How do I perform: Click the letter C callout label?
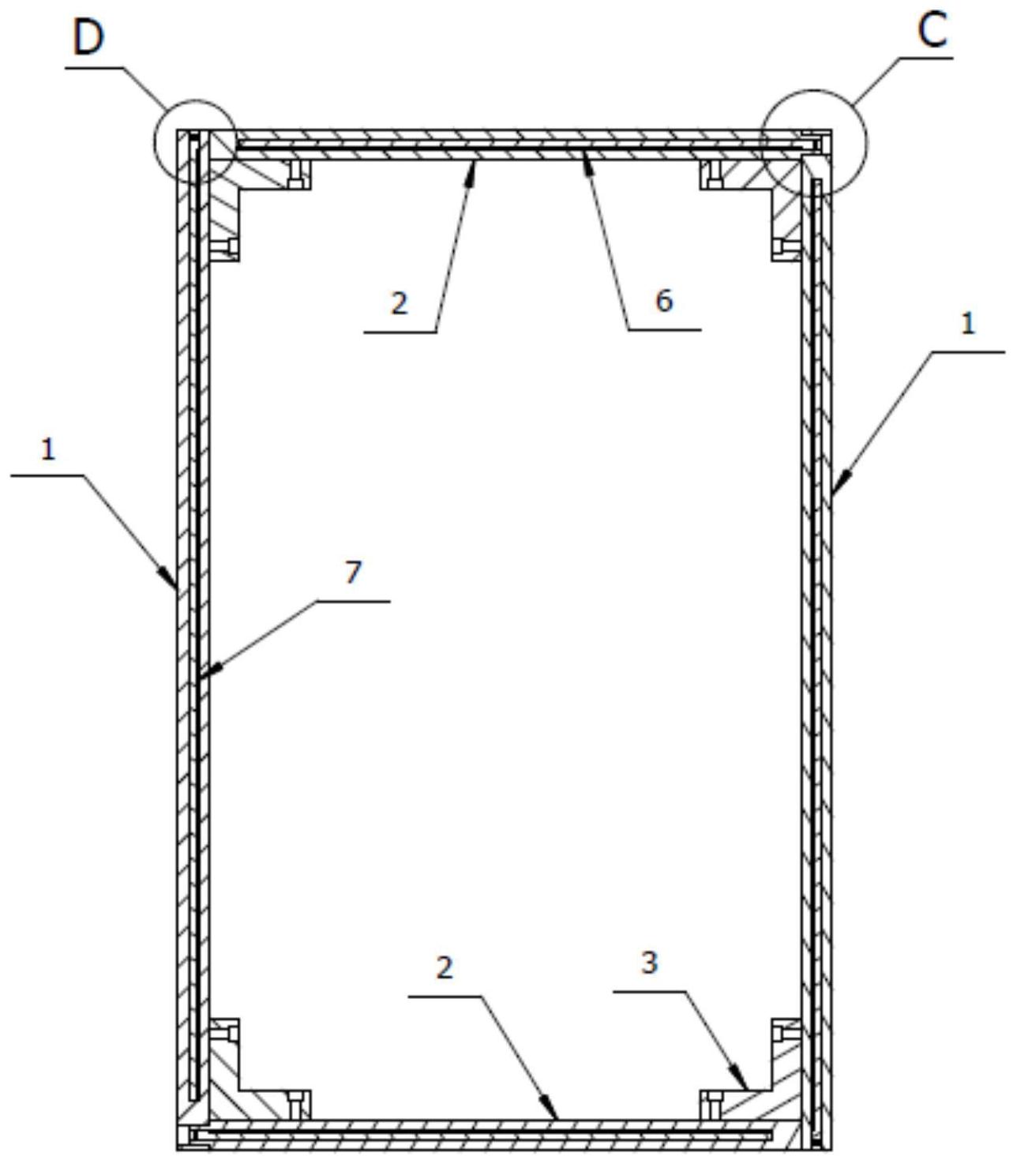tap(933, 31)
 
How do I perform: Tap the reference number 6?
tap(664, 300)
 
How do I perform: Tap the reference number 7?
tap(353, 572)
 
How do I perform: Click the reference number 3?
tap(649, 963)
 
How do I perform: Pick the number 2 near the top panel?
tap(400, 303)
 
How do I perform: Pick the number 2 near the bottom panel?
tap(445, 967)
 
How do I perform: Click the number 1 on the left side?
tap(49, 449)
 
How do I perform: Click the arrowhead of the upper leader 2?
tap(472, 164)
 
